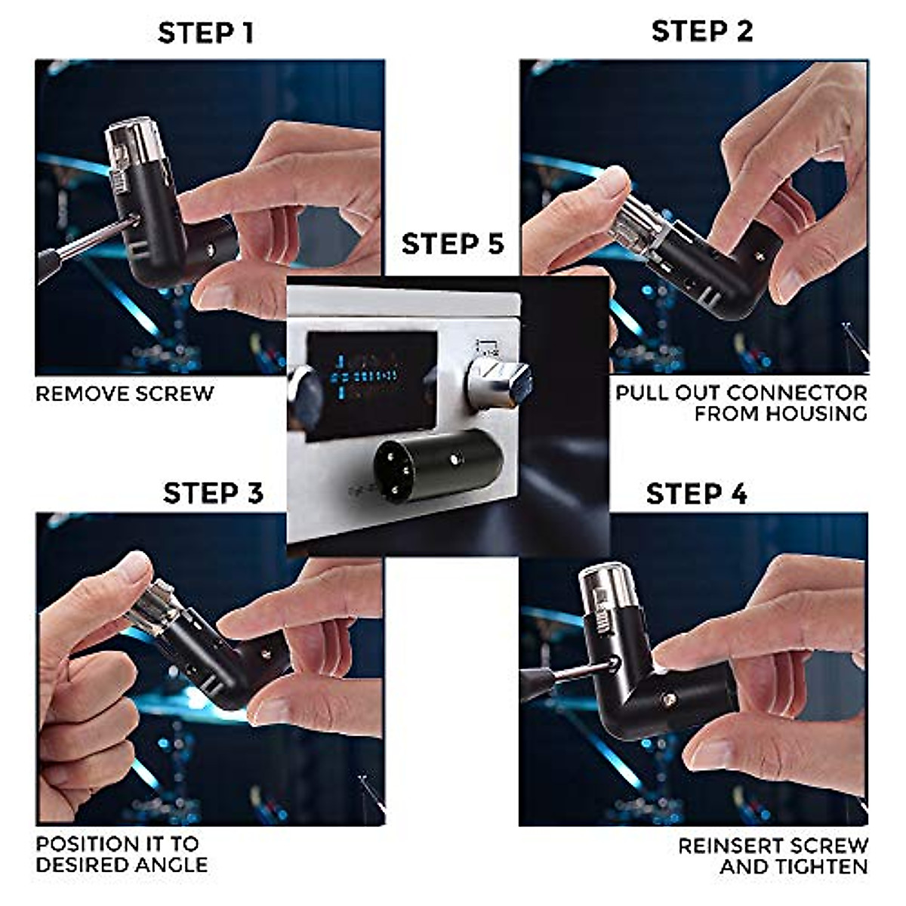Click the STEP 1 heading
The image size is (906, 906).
coord(205,34)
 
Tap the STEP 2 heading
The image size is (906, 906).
coord(702,32)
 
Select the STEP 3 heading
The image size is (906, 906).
coord(213,493)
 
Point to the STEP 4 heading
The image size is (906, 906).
coord(696,494)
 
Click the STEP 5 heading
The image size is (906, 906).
coord(452,245)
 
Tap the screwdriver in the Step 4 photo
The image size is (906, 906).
coord(566,674)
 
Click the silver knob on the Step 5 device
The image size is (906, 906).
coord(498,381)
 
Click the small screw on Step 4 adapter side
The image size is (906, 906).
coord(667,700)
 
